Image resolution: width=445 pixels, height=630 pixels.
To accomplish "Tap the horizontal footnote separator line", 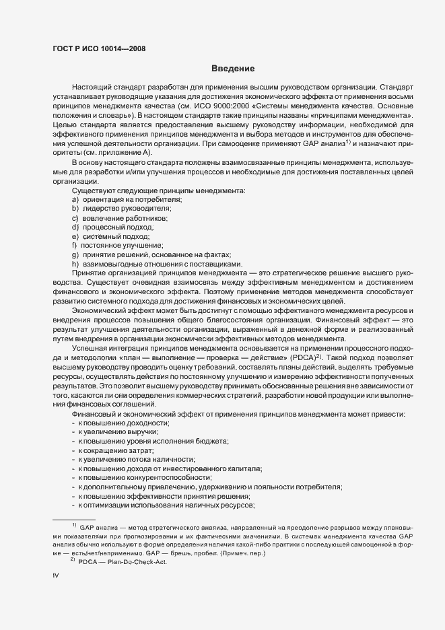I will pos(73,519).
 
